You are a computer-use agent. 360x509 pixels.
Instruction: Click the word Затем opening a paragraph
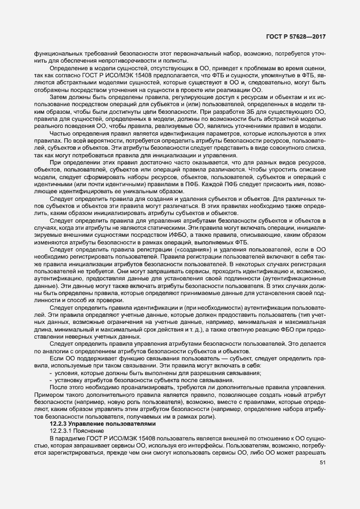[58, 95]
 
